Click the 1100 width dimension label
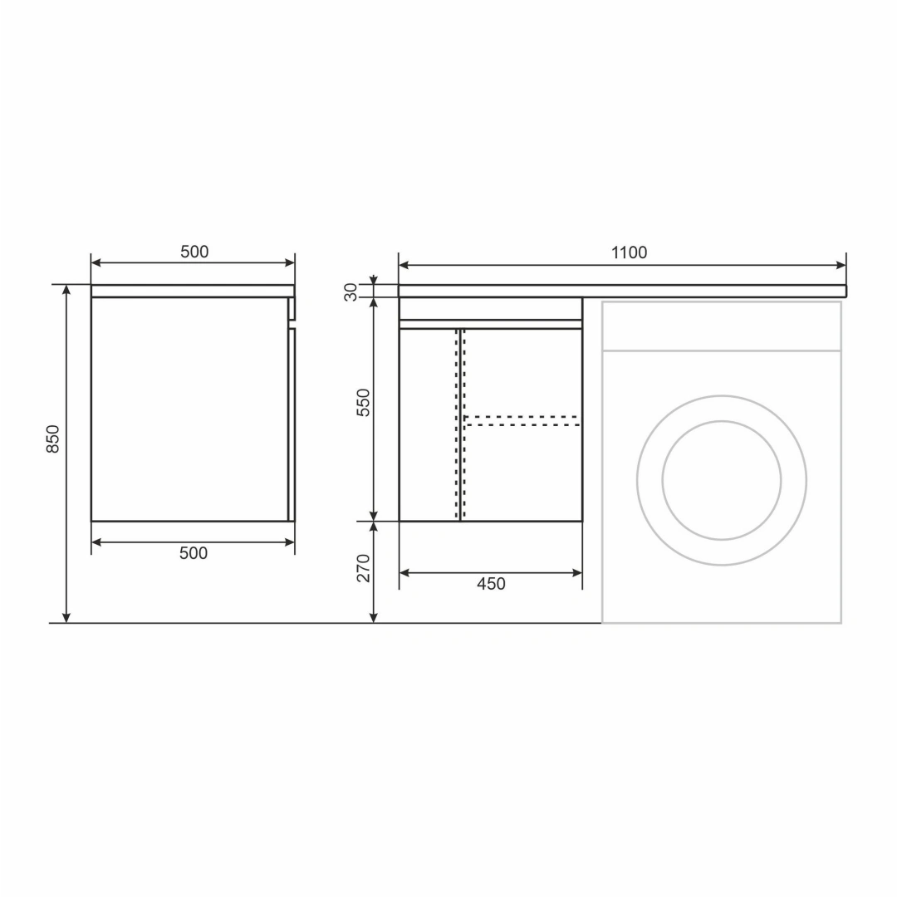pos(629,252)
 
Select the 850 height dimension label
pos(52,439)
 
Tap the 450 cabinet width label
pos(491,584)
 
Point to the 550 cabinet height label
pos(364,402)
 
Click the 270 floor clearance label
pos(364,568)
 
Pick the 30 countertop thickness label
pos(350,292)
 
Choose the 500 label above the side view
pos(194,252)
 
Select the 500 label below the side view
pos(194,553)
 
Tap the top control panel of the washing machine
pos(722,326)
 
